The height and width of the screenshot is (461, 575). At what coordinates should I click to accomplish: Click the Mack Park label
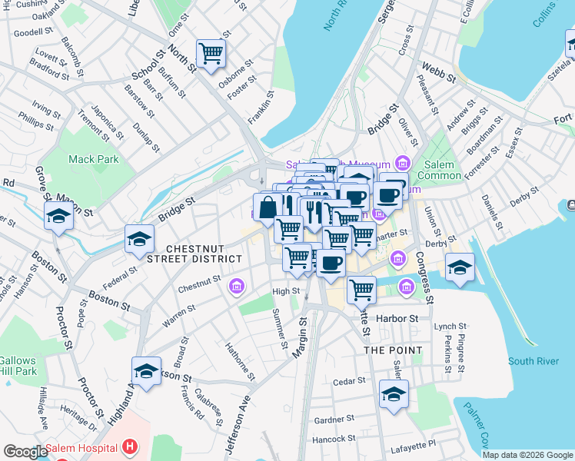(94, 159)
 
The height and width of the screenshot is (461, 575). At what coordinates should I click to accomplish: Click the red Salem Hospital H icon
(130, 446)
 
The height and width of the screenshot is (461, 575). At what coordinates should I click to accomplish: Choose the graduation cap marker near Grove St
(58, 217)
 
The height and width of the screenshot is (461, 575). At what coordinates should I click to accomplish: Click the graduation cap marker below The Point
(394, 395)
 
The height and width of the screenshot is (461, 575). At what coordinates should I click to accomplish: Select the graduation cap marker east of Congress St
(460, 267)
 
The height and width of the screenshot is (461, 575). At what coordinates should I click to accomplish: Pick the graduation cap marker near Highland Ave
(146, 372)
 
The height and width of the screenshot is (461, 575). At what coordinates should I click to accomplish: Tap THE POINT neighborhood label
(393, 350)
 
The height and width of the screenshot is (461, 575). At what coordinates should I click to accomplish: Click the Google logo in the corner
(25, 452)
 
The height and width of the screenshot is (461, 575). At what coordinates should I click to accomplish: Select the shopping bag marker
(267, 207)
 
